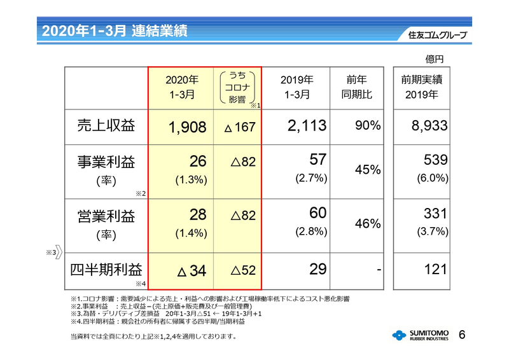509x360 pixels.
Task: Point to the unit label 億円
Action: [x=434, y=59]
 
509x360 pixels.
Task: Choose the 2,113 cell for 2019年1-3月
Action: [x=307, y=127]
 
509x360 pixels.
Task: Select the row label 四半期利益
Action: [x=106, y=270]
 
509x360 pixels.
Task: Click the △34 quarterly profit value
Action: [x=190, y=271]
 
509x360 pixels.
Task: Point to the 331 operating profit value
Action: [x=436, y=214]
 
